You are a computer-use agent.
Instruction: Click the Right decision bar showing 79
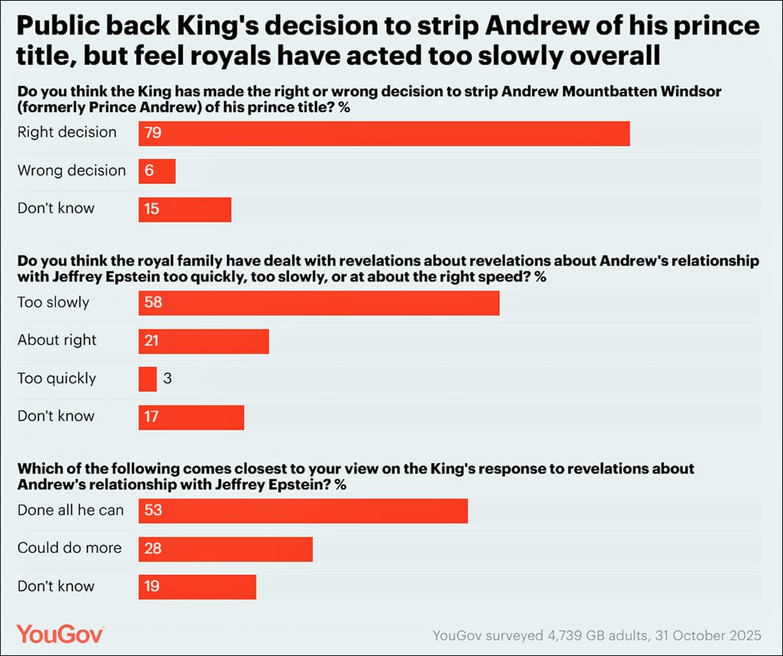coord(384,133)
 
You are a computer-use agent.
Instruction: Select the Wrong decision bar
coord(157,170)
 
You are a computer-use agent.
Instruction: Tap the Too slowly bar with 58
coord(319,303)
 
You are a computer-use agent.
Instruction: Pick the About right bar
coord(203,341)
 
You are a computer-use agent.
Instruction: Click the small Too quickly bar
coord(148,378)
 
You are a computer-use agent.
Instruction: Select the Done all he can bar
coord(303,510)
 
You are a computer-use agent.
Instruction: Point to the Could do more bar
coord(226,548)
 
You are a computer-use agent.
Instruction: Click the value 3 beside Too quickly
coord(167,378)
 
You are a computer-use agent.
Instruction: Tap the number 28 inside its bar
coord(153,548)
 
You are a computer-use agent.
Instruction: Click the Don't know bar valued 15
coord(184,209)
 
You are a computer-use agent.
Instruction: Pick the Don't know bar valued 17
coord(191,417)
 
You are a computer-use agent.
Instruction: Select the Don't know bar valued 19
coord(197,586)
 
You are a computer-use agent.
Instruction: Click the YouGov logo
coord(60,634)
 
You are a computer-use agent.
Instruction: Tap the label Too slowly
coord(54,303)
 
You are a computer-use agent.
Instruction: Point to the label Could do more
coord(70,548)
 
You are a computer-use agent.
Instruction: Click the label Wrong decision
coord(72,170)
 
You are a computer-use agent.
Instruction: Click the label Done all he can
coord(70,510)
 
